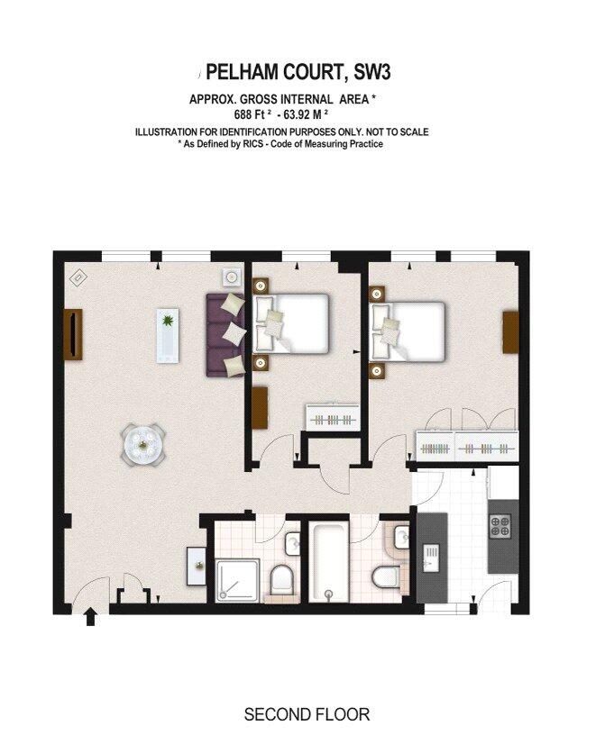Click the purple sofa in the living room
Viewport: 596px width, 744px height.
[225, 335]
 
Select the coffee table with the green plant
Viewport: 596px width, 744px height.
[168, 335]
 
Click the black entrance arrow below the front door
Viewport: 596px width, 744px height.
[91, 618]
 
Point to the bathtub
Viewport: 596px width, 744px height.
[328, 561]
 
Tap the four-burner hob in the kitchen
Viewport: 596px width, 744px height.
[500, 526]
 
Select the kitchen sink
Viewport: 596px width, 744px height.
[431, 559]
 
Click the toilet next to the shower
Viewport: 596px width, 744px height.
[281, 579]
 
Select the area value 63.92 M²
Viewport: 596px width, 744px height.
[306, 114]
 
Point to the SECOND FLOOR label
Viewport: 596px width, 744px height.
[307, 714]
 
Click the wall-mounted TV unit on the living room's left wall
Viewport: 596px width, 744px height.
[73, 334]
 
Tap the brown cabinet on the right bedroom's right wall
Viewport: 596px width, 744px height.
[510, 331]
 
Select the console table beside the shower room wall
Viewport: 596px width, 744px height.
[197, 566]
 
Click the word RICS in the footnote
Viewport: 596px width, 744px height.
[256, 144]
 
